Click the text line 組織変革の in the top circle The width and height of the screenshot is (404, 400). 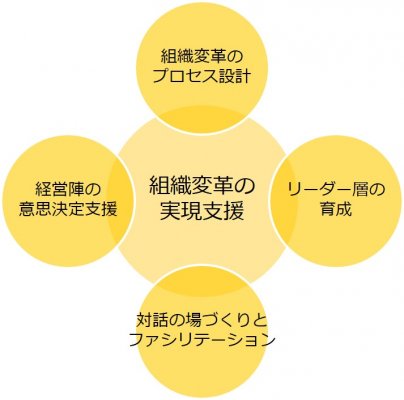click(x=201, y=57)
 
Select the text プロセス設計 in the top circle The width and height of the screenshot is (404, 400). click(x=201, y=76)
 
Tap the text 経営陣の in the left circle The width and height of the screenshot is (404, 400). click(x=68, y=191)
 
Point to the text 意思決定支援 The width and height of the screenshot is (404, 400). click(x=68, y=209)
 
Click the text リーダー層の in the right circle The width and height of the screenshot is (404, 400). click(x=336, y=190)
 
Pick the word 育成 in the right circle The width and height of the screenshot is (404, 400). click(x=336, y=209)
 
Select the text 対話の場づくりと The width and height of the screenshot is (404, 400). click(x=202, y=321)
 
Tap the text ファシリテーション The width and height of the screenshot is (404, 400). click(x=202, y=340)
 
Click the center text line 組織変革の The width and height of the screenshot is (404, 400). click(x=202, y=187)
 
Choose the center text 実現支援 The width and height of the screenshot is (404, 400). click(x=202, y=211)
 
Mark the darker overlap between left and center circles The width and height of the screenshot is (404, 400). click(x=122, y=201)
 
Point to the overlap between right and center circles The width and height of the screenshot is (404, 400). click(x=282, y=201)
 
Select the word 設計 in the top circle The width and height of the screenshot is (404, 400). click(x=234, y=76)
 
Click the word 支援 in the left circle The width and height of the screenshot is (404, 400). click(x=102, y=209)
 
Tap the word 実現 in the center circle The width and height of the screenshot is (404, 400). click(x=181, y=211)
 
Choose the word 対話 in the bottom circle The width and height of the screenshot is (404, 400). click(x=153, y=321)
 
